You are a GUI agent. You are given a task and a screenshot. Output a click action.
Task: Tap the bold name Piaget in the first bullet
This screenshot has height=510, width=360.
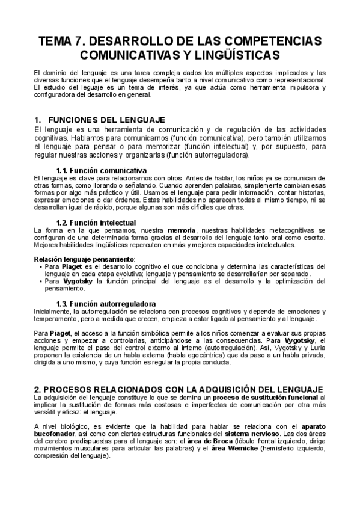[x=72, y=266]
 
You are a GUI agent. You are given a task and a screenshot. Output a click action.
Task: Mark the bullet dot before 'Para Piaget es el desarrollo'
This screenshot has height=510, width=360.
[x=40, y=266]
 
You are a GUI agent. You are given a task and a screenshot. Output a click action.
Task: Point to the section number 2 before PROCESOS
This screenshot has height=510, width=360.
[x=38, y=389]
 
